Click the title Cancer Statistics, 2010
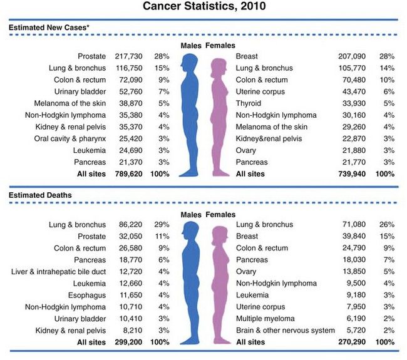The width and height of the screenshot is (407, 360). [x=203, y=7]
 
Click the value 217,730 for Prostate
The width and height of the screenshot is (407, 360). [x=128, y=56]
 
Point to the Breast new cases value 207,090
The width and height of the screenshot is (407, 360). [x=351, y=56]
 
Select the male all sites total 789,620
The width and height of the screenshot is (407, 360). [x=128, y=173]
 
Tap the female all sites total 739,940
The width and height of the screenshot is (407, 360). [x=351, y=173]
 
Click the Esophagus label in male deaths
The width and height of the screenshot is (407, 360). [x=87, y=295]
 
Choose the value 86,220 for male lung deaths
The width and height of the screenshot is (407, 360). [x=130, y=224]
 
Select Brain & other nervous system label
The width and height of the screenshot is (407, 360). [x=285, y=331]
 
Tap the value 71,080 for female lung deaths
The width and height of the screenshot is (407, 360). [x=353, y=224]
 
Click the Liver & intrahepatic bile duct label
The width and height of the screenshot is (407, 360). [x=59, y=272]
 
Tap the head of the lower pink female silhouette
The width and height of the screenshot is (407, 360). [x=219, y=234]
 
